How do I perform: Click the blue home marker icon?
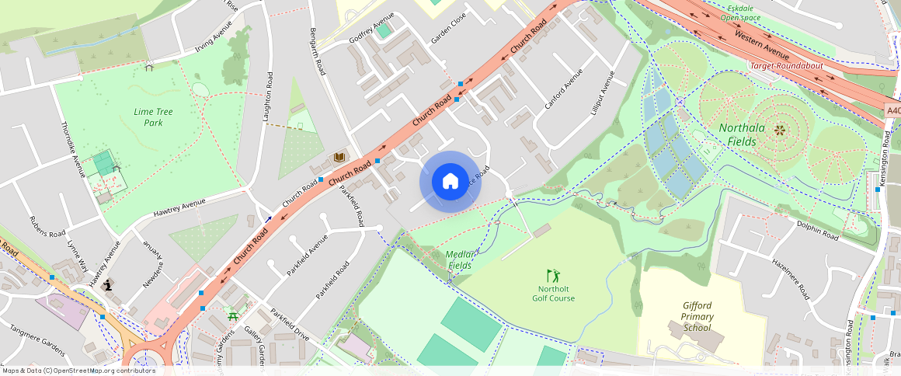pos(450,182)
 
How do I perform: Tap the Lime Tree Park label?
pos(153,117)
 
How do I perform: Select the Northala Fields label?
pos(742,134)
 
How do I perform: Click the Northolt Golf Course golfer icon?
pos(553,276)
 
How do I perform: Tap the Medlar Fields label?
pos(461,259)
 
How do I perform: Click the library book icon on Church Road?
pos(339,158)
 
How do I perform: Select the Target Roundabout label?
pos(786,66)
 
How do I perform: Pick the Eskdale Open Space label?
pos(740,12)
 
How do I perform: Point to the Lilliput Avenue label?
pos(602,93)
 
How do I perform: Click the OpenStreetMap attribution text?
pos(78,371)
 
